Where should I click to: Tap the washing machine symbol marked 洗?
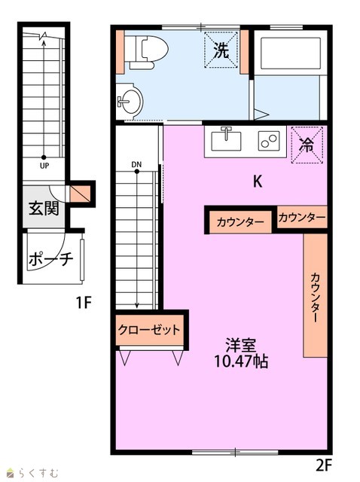(x=221, y=50)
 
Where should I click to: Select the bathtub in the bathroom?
(x=291, y=53)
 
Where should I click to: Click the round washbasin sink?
(x=130, y=101)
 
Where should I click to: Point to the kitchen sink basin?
(x=226, y=140)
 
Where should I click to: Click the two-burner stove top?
(x=269, y=141)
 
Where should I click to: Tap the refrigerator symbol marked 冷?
(x=307, y=145)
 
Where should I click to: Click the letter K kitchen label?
(x=258, y=182)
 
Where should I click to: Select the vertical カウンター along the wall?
(x=315, y=295)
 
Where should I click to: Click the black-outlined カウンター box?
(x=240, y=221)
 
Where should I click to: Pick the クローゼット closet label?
(x=149, y=330)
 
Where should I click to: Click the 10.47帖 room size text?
(x=241, y=361)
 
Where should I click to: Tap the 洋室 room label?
(x=241, y=346)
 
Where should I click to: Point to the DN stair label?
(x=136, y=164)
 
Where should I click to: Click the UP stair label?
(x=44, y=166)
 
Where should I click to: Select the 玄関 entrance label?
(x=44, y=209)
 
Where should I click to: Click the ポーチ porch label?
(x=50, y=259)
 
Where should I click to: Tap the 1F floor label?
(x=84, y=303)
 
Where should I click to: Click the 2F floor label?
(x=324, y=465)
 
